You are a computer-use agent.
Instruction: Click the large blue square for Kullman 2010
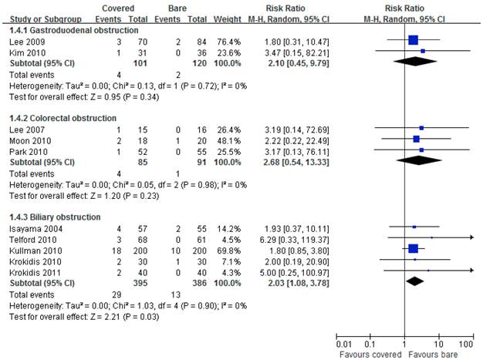coord(413,248)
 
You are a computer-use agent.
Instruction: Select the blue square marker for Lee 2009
coord(413,39)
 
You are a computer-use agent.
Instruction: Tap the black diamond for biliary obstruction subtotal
coord(415,281)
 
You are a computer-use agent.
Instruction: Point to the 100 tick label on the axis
coord(465,343)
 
